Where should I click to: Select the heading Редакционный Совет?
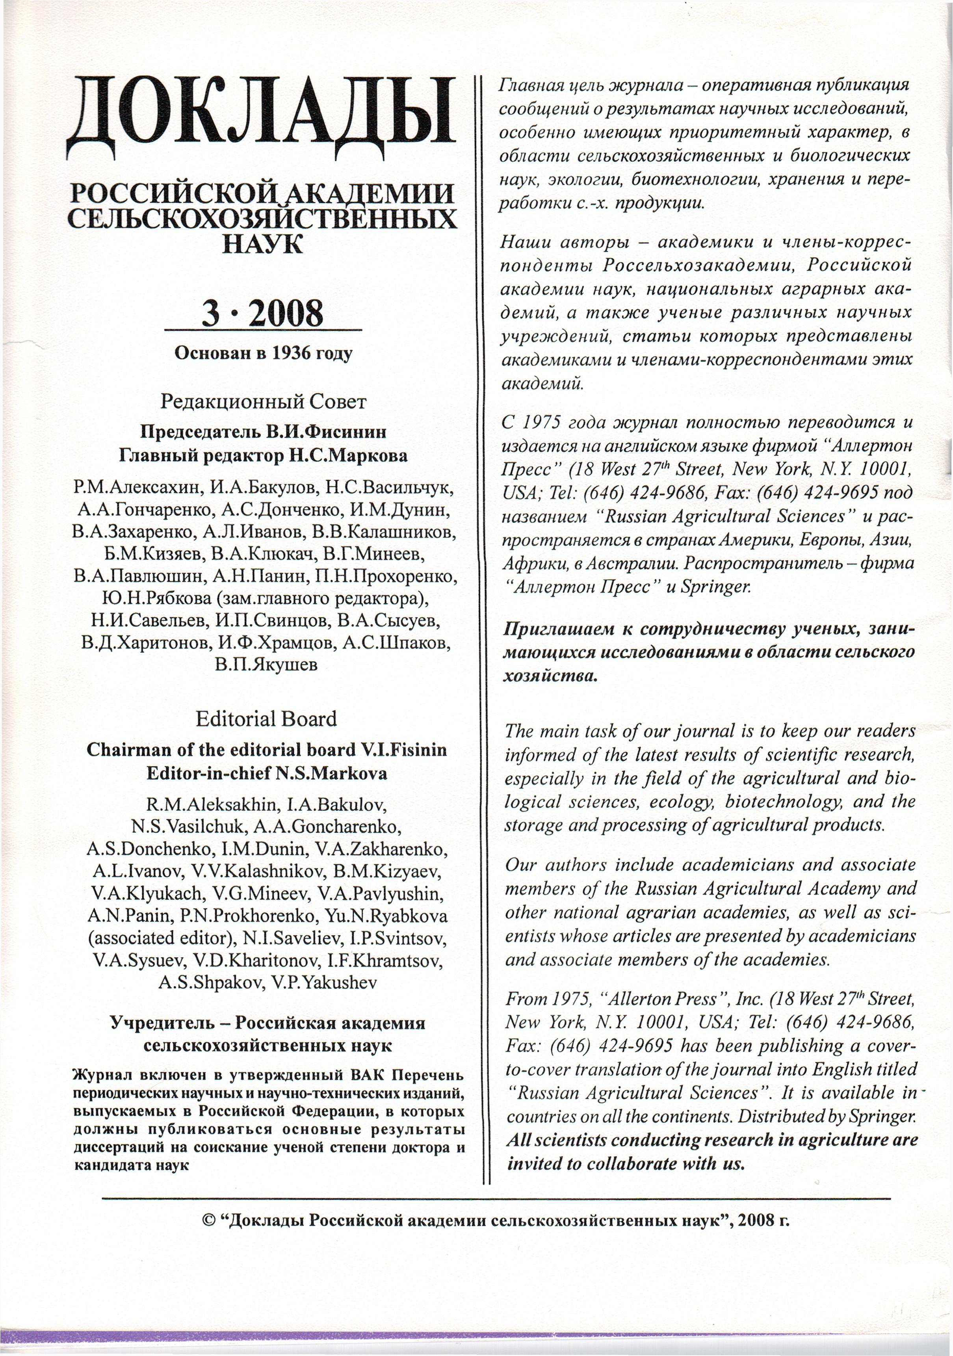point(263,402)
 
